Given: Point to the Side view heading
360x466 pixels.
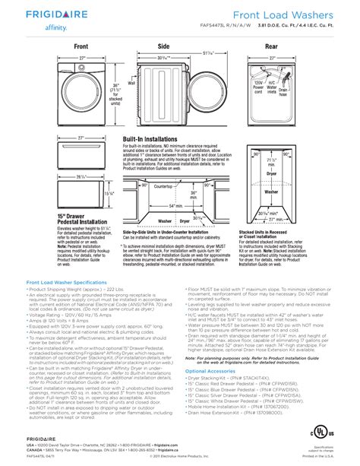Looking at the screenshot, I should point(163,46).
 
